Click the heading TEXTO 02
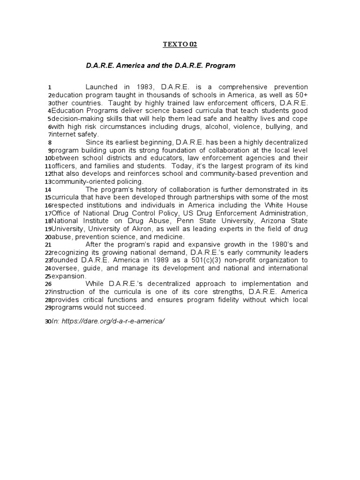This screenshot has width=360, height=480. pyautogui.click(x=180, y=45)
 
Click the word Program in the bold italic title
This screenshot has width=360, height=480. pyautogui.click(x=220, y=66)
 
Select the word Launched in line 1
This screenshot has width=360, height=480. pyautogui.click(x=102, y=87)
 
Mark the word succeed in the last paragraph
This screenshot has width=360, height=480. pyautogui.click(x=131, y=308)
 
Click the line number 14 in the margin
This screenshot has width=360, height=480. pyautogui.click(x=48, y=190)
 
